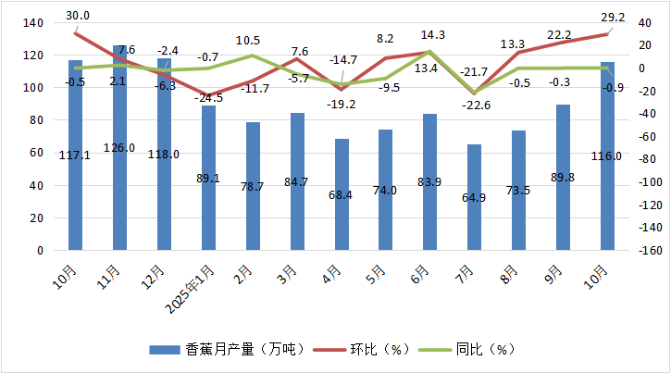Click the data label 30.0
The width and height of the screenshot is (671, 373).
pyautogui.click(x=78, y=16)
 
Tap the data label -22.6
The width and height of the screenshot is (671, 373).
pyautogui.click(x=474, y=104)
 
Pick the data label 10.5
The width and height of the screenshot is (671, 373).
pyautogui.click(x=248, y=41)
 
